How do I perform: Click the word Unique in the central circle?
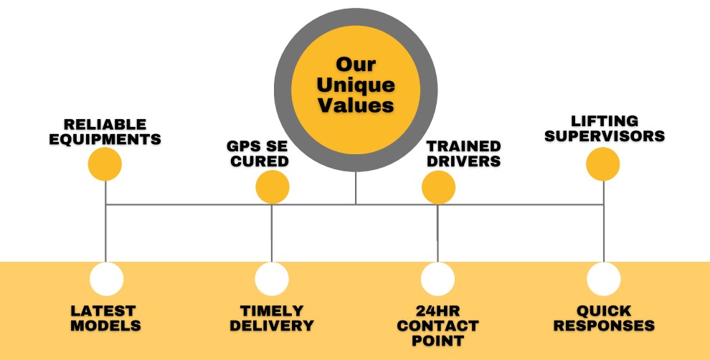pyautogui.click(x=356, y=85)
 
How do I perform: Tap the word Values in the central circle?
pyautogui.click(x=356, y=105)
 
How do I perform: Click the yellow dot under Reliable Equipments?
pyautogui.click(x=105, y=165)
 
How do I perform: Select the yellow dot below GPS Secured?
pyautogui.click(x=273, y=186)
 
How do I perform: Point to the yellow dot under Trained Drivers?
pyautogui.click(x=438, y=187)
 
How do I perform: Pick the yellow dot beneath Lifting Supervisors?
pyautogui.click(x=603, y=164)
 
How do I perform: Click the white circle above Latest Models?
pyautogui.click(x=106, y=279)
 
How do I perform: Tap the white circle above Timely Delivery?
pyautogui.click(x=272, y=279)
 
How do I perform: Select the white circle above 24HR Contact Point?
pyautogui.click(x=438, y=279)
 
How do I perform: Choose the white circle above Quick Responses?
pyautogui.click(x=604, y=279)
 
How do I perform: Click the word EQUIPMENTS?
pyautogui.click(x=105, y=138)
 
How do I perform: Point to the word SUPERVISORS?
pyautogui.click(x=605, y=136)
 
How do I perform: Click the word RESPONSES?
pyautogui.click(x=605, y=326)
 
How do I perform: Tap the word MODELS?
pyautogui.click(x=106, y=326)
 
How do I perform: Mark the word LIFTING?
pyautogui.click(x=605, y=121)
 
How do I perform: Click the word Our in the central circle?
pyautogui.click(x=356, y=65)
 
